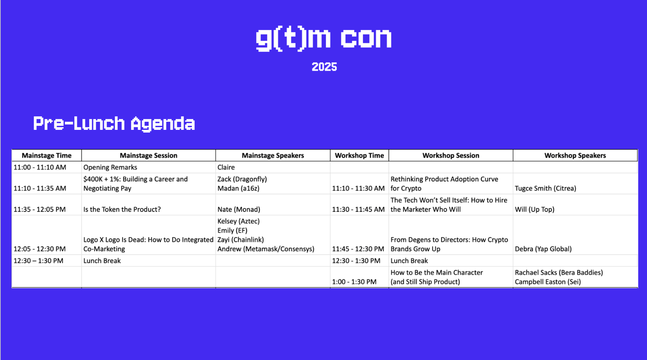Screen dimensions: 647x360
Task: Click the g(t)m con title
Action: click(x=324, y=38)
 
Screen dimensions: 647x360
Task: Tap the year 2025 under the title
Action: click(x=324, y=67)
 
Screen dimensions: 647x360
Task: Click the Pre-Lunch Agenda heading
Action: click(x=114, y=123)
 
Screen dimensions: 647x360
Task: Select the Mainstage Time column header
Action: click(x=47, y=155)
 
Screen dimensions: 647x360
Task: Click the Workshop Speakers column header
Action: click(x=575, y=155)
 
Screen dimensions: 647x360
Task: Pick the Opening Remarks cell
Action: click(x=110, y=167)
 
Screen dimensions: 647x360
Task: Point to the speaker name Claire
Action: click(x=226, y=167)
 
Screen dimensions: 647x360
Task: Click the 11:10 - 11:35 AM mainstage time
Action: click(x=40, y=188)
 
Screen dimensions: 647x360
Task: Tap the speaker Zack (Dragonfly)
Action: click(x=242, y=179)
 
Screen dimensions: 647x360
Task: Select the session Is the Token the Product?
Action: click(x=122, y=209)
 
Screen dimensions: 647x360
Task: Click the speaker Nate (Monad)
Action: click(x=239, y=209)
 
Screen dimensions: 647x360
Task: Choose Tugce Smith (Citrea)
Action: click(x=546, y=188)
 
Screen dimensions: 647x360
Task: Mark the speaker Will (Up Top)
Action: click(x=534, y=209)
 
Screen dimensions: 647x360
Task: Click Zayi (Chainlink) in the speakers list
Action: click(x=240, y=239)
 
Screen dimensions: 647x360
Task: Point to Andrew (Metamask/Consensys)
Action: click(x=265, y=249)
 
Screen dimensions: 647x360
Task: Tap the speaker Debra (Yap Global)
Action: click(x=543, y=249)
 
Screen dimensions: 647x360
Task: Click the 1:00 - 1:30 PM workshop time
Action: click(x=354, y=282)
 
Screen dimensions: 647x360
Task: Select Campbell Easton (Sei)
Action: click(x=548, y=282)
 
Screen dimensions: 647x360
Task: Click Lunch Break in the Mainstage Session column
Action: click(x=102, y=260)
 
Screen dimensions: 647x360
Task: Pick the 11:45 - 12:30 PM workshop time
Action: click(x=358, y=249)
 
